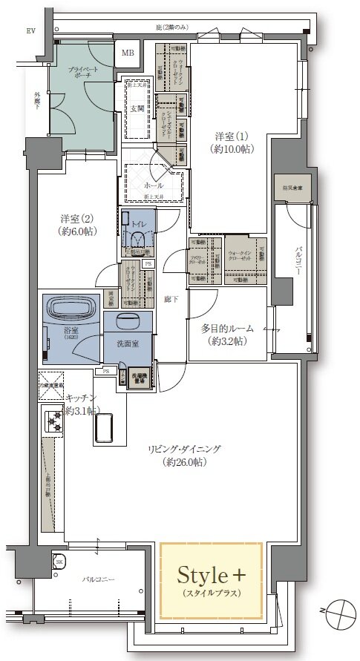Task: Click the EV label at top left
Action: (x=31, y=30)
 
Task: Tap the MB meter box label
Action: (x=128, y=53)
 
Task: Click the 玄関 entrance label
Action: (x=137, y=108)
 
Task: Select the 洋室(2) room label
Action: (x=76, y=225)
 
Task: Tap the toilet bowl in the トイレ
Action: (x=137, y=238)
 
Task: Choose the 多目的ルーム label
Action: (x=227, y=334)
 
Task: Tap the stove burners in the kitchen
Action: (x=53, y=422)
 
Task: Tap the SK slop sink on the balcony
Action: (x=59, y=562)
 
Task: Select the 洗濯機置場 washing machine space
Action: (x=140, y=378)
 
